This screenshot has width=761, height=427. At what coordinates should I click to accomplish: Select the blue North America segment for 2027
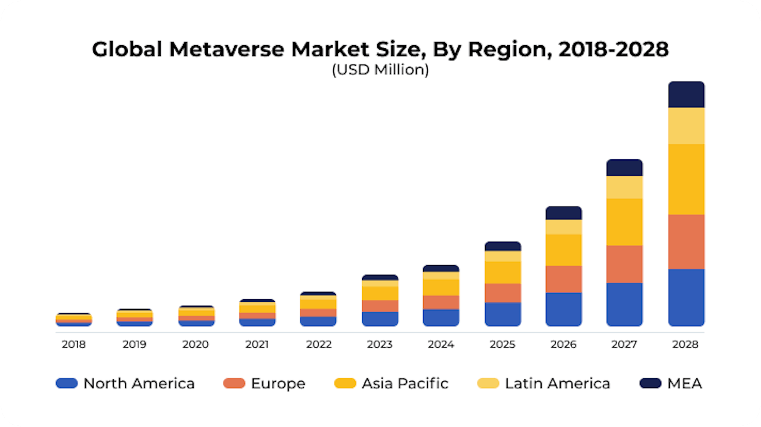point(624,304)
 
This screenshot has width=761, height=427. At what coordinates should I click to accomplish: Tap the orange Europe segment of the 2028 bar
point(686,242)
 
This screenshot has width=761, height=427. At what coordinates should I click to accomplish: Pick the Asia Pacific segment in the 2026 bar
point(563,250)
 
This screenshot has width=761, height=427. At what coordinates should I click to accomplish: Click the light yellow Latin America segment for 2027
point(624,187)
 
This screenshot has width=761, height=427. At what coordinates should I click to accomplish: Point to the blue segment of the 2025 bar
point(503,314)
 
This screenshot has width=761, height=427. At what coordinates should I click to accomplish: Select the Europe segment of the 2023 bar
point(380,306)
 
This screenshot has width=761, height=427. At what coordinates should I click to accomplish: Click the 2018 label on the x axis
point(74,344)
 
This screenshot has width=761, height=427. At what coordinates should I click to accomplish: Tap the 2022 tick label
point(319,344)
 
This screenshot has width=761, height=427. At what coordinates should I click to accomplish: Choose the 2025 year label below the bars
point(502,344)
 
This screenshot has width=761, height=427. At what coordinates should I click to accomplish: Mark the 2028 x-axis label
point(685,344)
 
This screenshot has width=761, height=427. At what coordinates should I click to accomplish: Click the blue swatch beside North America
point(67,383)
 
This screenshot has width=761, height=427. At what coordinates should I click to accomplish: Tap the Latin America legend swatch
point(488,383)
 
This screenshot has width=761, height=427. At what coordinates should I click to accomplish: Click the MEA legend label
point(685,383)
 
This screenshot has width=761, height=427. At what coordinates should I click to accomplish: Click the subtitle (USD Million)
point(380,70)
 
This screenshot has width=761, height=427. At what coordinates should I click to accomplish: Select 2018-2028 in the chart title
point(613,50)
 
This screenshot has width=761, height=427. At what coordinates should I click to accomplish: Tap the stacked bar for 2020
point(196,316)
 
